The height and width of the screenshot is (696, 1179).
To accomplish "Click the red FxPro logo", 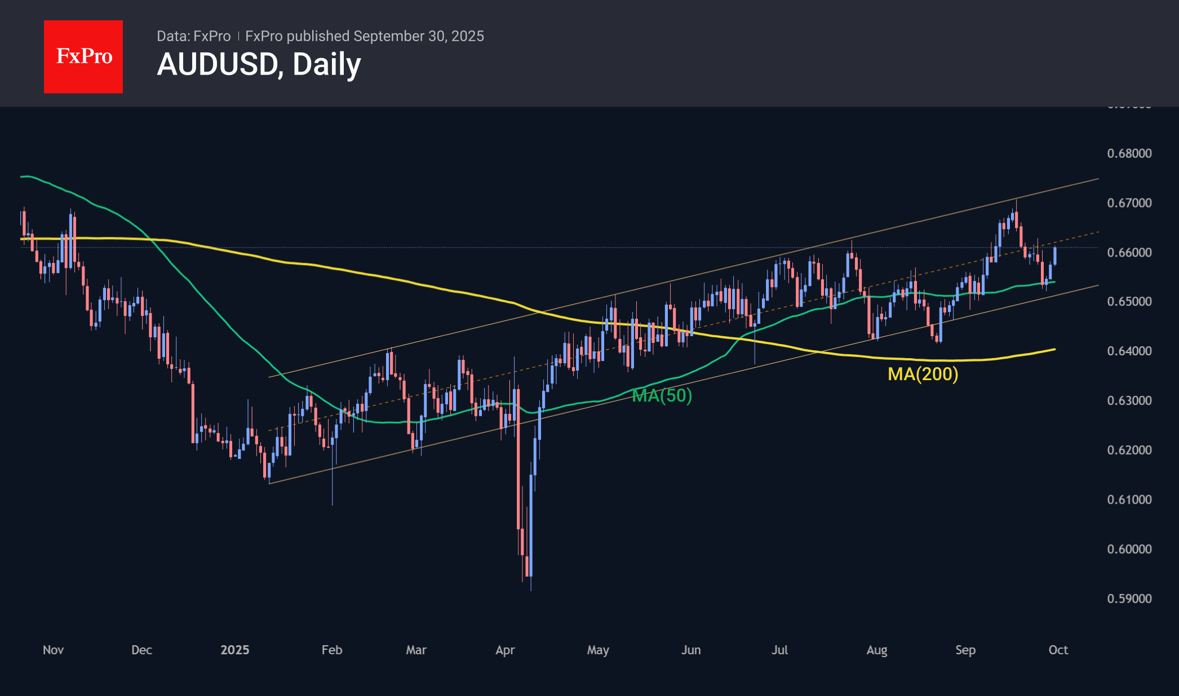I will click(x=83, y=56).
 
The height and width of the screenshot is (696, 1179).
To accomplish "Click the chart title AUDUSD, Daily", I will click(x=259, y=64).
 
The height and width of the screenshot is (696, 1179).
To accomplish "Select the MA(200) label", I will click(x=923, y=374).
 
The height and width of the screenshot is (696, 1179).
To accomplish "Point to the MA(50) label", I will click(x=662, y=395).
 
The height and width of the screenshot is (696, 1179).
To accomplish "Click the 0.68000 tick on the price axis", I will click(x=1129, y=153).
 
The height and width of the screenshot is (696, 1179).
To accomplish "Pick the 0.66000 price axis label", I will click(x=1129, y=252).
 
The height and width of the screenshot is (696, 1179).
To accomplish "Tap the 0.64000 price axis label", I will click(x=1129, y=351).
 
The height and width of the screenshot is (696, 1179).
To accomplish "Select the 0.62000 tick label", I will click(x=1129, y=450).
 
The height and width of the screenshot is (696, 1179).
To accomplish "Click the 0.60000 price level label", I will click(x=1129, y=549).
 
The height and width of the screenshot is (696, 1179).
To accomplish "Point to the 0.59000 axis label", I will click(x=1129, y=598).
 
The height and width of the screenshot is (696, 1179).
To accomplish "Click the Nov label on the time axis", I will click(x=53, y=650).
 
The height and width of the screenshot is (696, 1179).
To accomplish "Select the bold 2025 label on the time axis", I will click(x=234, y=650).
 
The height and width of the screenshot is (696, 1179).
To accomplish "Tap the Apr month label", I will click(x=505, y=650).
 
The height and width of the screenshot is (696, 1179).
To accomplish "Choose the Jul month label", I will click(x=779, y=650).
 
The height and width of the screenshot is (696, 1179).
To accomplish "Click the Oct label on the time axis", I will click(x=1058, y=650).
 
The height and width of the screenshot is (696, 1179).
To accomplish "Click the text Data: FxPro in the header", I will click(x=193, y=36).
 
